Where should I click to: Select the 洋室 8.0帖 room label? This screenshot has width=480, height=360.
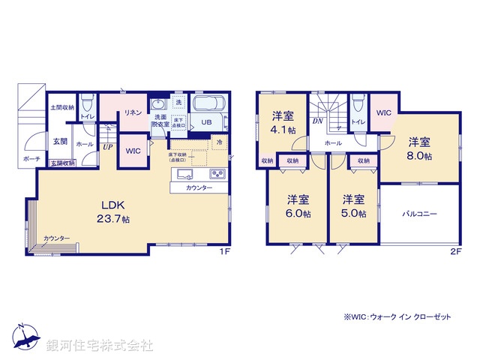(419, 148)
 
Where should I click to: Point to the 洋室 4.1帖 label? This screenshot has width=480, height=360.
(282, 123)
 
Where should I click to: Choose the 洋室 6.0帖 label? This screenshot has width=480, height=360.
(298, 206)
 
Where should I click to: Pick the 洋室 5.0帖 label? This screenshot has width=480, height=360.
(355, 206)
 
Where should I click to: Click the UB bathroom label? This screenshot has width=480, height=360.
(205, 122)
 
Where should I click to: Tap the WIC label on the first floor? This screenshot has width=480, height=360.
(133, 151)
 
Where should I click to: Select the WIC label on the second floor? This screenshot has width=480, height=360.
(383, 113)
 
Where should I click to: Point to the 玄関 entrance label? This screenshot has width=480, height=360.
(61, 141)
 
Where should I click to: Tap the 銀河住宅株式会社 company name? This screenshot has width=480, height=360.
(100, 346)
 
